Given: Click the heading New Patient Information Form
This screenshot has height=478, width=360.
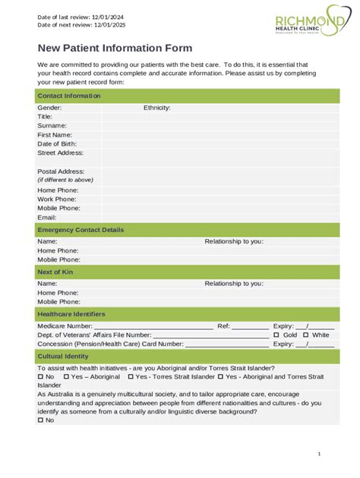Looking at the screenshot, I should [x=115, y=48].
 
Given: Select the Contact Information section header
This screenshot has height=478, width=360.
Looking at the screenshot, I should [x=69, y=96].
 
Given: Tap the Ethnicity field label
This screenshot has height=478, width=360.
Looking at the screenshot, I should [x=156, y=108].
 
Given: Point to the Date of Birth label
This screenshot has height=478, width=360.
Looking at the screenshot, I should [x=58, y=143].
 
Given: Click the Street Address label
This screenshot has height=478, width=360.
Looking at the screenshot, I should [x=60, y=153].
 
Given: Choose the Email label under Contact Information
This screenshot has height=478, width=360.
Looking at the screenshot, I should [x=47, y=217].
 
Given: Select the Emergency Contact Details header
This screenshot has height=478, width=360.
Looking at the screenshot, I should [x=81, y=230].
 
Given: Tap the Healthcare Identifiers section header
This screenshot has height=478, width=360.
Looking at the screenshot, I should [x=71, y=314].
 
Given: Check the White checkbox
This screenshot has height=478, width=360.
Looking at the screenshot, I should [x=305, y=335].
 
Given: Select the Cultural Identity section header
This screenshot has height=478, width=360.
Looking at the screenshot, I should [x=63, y=356].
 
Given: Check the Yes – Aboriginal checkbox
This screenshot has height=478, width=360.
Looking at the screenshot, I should [x=67, y=377].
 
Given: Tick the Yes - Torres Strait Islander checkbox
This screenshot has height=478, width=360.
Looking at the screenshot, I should [x=131, y=377].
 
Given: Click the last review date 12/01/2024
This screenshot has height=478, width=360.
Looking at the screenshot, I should [x=106, y=17].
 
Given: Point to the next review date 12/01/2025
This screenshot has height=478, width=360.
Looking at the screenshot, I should [x=107, y=25].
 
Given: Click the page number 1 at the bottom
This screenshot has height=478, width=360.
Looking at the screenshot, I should [x=320, y=454].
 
